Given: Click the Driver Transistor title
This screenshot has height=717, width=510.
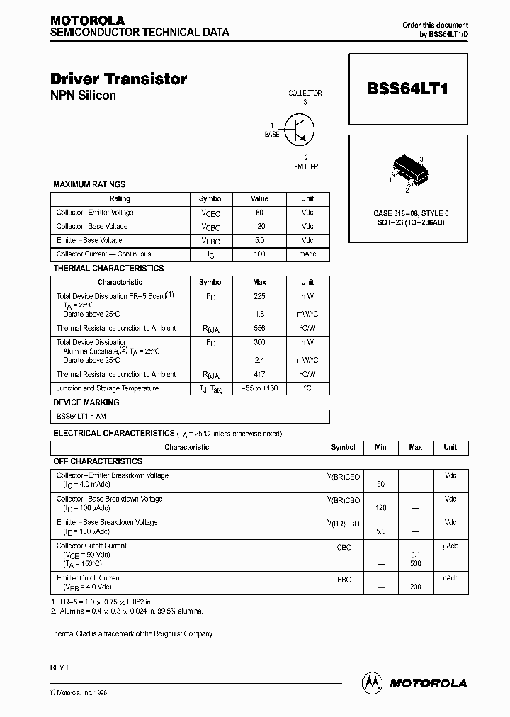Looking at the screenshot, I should [x=118, y=79].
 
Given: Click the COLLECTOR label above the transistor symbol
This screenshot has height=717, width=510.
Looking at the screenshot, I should [x=305, y=93].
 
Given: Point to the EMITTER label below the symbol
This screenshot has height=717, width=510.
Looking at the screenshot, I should [x=306, y=167].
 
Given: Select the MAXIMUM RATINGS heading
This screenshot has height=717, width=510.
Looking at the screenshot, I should [x=89, y=184].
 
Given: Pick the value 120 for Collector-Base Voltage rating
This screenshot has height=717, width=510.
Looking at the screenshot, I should [x=259, y=227].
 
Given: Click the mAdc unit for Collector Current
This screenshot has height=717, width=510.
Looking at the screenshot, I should [x=307, y=254].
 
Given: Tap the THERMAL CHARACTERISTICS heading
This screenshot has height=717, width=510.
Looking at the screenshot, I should [x=108, y=269].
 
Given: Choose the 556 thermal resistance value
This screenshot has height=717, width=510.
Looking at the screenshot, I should [x=259, y=329].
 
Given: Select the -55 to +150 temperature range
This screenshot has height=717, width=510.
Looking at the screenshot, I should [x=259, y=389].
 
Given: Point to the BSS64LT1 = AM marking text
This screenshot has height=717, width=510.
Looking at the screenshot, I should [x=81, y=417].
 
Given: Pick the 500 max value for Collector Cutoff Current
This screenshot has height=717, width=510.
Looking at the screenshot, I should [x=415, y=564].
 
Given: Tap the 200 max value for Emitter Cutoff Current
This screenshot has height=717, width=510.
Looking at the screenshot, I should [x=415, y=587].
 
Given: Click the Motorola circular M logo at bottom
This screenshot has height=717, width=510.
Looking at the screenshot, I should [x=372, y=682].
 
